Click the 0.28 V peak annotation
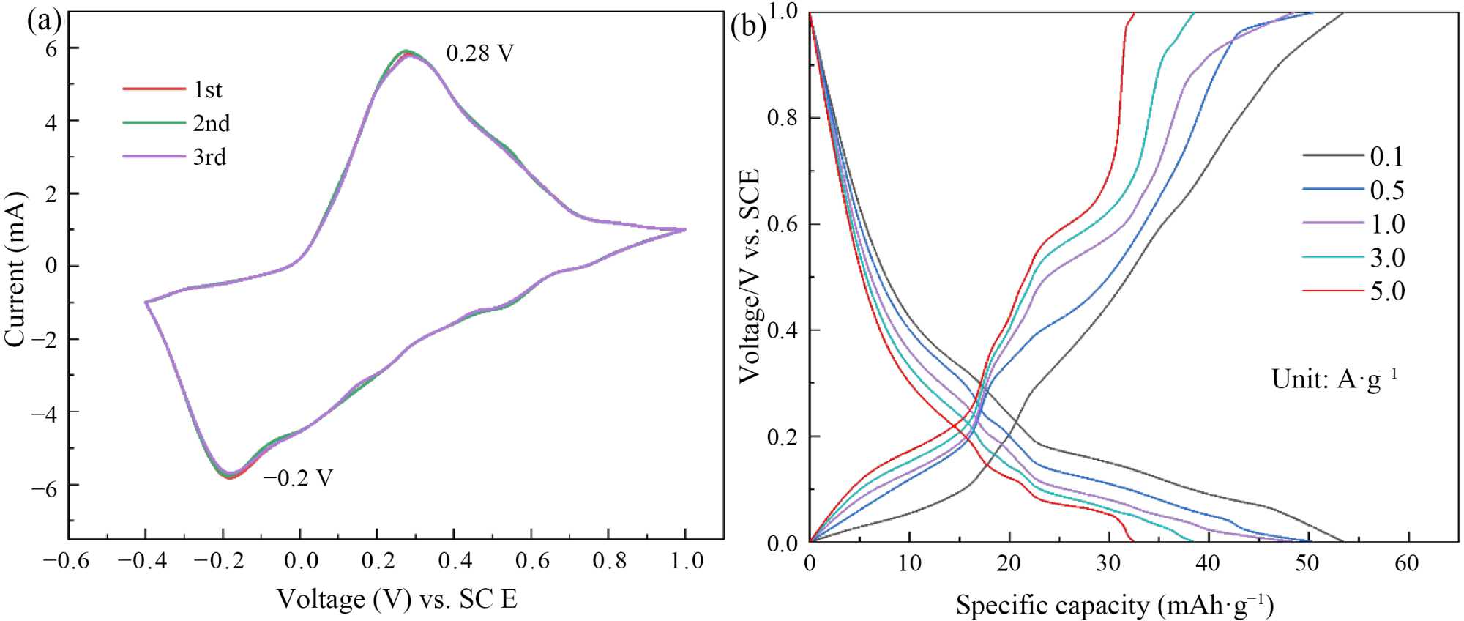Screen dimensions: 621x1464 point(479,53)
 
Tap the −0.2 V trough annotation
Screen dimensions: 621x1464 point(298,478)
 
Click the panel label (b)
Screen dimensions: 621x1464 point(749,27)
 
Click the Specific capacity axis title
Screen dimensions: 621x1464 point(1114,606)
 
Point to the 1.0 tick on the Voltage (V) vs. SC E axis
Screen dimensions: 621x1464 point(685,562)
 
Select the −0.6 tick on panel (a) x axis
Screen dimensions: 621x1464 point(67,562)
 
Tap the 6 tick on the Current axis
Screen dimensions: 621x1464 point(51,48)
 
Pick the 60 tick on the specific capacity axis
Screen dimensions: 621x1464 point(1407,563)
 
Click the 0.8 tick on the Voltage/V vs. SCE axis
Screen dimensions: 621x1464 point(783,118)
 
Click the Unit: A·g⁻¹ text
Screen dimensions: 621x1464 point(1334,379)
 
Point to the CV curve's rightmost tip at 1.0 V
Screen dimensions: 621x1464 point(686,229)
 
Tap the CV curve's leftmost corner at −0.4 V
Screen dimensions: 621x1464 point(146,302)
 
